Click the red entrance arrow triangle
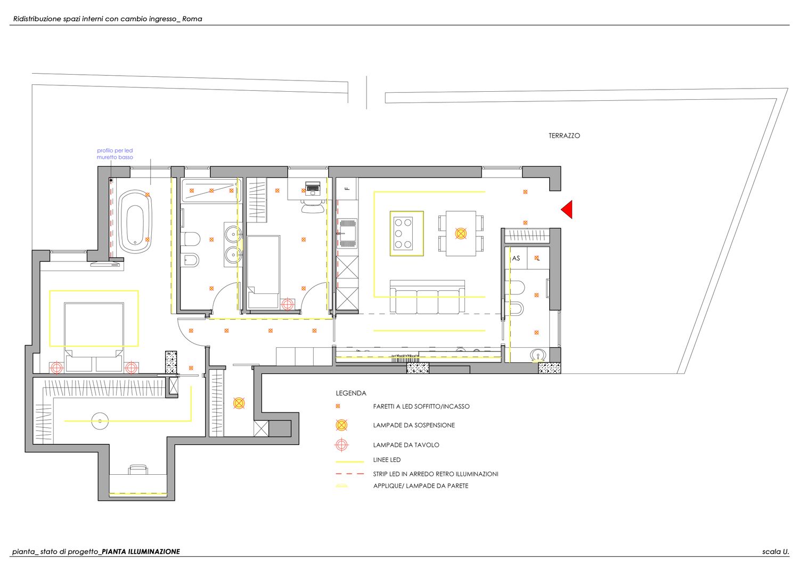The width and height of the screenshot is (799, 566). coord(568,210)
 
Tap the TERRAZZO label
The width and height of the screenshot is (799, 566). coord(564,136)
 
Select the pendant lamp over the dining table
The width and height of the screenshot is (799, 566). coord(461,234)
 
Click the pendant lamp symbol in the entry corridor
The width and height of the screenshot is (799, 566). coord(239,403)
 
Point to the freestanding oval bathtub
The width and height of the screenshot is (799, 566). coord(135,222)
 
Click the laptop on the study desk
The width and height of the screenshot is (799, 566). coord(313,188)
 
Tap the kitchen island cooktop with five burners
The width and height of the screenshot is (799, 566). coord(403,233)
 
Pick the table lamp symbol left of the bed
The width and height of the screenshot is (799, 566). coord(56,368)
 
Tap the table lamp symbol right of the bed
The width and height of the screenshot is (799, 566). coord(131,368)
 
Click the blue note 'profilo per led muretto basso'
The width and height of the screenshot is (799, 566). coord(115,154)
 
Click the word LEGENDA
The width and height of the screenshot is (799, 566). coord(351,393)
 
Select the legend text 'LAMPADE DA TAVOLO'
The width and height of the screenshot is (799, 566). coord(406,445)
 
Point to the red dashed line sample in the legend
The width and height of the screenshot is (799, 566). coord(349,474)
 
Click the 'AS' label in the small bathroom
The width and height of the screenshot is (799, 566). coord(516,258)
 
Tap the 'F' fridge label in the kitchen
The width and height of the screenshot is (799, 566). coord(348,189)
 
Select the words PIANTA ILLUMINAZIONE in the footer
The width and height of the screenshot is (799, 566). coord(141,552)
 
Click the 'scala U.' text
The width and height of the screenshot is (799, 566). coord(776,552)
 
